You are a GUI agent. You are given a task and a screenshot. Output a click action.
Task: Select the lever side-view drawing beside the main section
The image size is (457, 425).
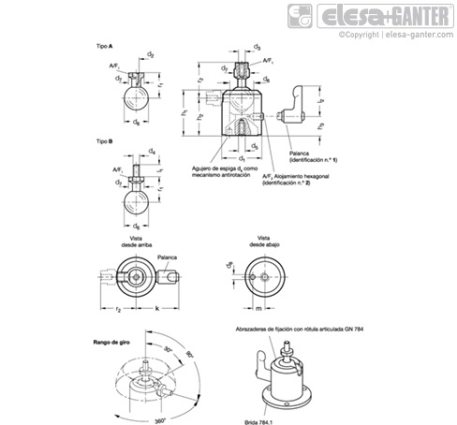305,105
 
